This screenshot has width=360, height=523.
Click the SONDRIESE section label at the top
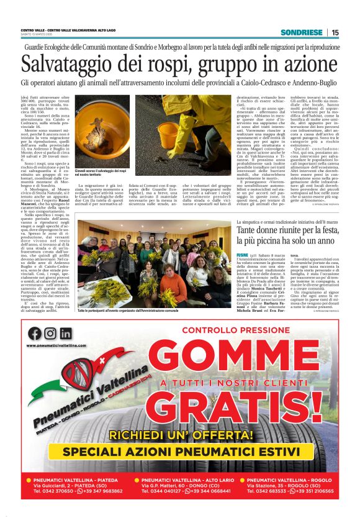click(300, 32)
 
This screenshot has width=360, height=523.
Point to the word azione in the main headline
click(305, 64)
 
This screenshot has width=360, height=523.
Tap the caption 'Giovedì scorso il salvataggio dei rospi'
click(100, 170)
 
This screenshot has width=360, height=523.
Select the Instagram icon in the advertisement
click(50, 333)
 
